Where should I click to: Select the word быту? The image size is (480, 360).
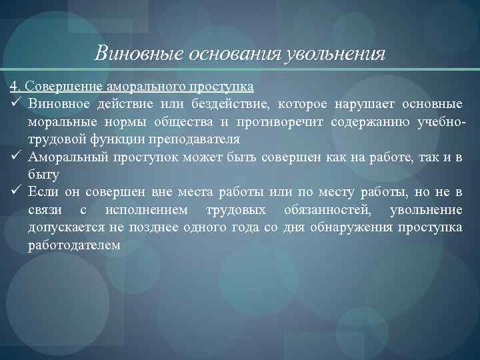point(43,175)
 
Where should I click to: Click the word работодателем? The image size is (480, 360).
point(74,245)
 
